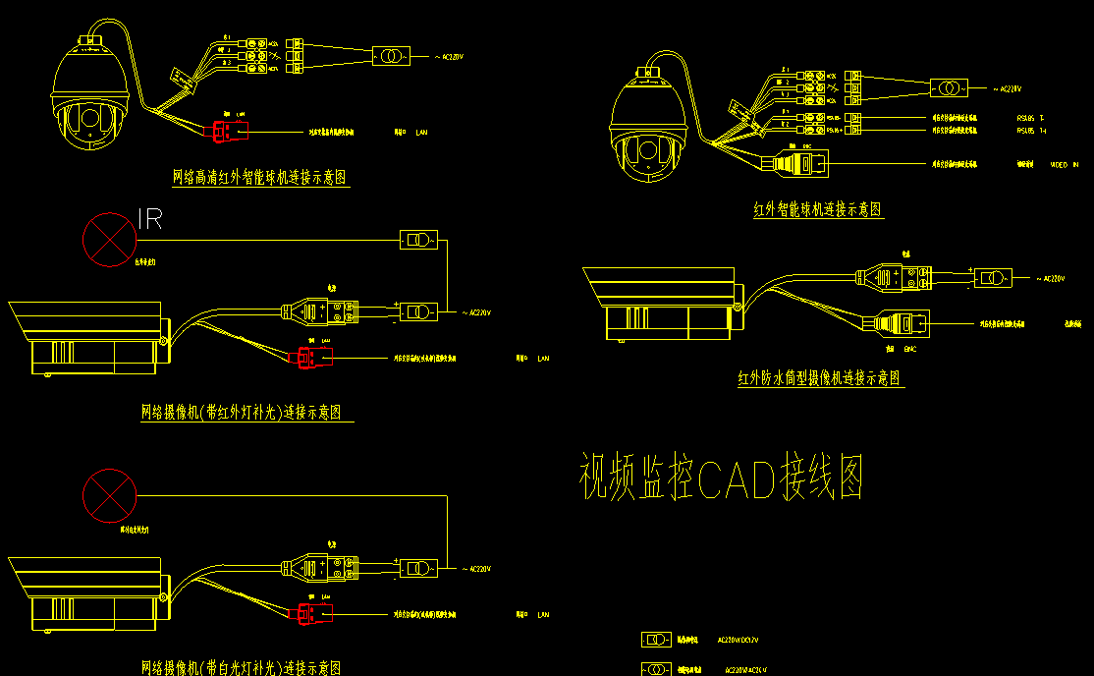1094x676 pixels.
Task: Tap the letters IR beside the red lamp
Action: [149, 219]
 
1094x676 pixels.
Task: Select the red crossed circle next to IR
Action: [109, 239]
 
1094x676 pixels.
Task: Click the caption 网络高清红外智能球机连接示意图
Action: [260, 177]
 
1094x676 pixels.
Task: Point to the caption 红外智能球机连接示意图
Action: [818, 209]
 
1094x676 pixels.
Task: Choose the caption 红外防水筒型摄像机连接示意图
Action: [820, 378]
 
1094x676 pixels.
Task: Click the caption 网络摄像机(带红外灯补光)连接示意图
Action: [246, 412]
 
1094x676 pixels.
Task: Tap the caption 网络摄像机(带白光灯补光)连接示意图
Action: [242, 667]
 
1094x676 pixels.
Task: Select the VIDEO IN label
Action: [1064, 165]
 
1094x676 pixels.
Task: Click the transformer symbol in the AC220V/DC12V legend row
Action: [656, 640]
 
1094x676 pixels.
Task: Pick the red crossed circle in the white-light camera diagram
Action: [109, 494]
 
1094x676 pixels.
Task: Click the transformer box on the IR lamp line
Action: [418, 240]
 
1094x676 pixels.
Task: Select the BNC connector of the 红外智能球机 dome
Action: [799, 163]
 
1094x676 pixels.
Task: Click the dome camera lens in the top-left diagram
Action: [89, 122]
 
